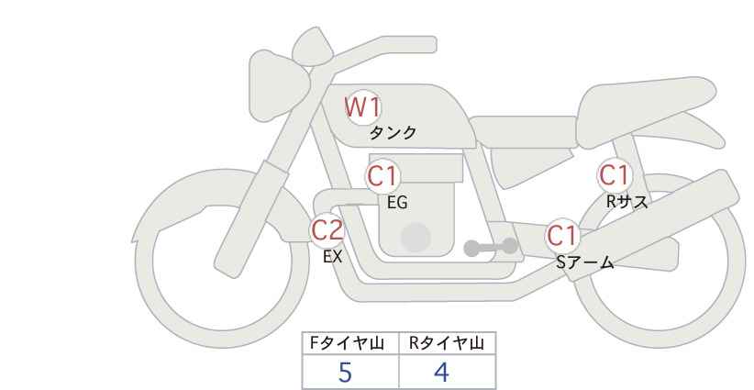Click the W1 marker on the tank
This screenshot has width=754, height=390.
click(363, 107)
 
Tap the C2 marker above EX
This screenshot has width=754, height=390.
click(327, 230)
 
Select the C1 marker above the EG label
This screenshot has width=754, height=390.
click(383, 176)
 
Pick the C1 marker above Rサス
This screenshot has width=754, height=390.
click(614, 175)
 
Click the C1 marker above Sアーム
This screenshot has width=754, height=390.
click(561, 236)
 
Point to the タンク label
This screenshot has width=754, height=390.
click(393, 133)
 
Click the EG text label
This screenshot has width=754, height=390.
click(397, 203)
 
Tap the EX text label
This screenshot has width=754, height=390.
click(332, 257)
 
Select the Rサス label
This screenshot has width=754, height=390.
click(626, 202)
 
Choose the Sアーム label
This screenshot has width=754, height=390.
click(584, 262)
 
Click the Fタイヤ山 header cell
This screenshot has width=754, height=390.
click(350, 343)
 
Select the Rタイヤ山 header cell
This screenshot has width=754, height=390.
click(448, 343)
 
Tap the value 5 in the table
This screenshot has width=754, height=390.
click(345, 373)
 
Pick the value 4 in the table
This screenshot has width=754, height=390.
click(441, 373)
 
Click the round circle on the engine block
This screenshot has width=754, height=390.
click(416, 237)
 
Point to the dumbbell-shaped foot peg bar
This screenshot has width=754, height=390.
click(491, 247)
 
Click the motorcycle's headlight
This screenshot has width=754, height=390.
click(275, 85)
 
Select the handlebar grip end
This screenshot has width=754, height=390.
click(428, 45)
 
